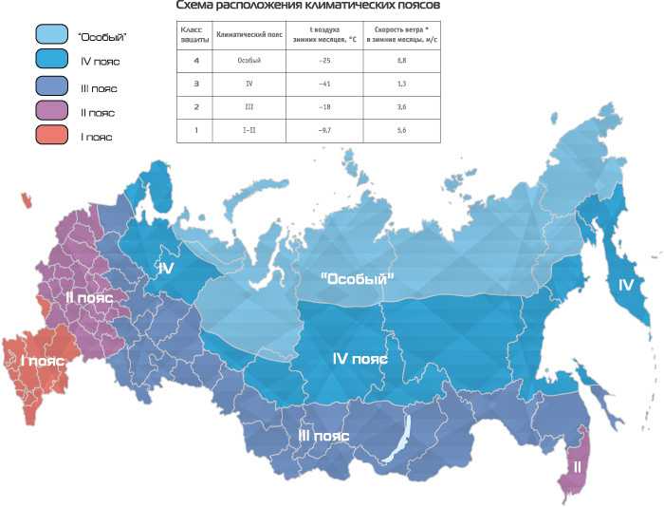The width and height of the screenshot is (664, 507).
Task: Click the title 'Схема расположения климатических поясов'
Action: point(302,7)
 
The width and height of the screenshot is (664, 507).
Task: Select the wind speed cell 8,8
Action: point(401,60)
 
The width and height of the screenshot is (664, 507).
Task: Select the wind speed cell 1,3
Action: point(401,83)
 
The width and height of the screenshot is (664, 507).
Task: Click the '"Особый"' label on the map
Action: point(358,278)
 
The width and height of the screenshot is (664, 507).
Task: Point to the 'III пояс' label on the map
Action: point(323,435)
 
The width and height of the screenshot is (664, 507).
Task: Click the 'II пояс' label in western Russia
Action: point(88,297)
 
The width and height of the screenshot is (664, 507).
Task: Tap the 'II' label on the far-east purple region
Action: point(576,466)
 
